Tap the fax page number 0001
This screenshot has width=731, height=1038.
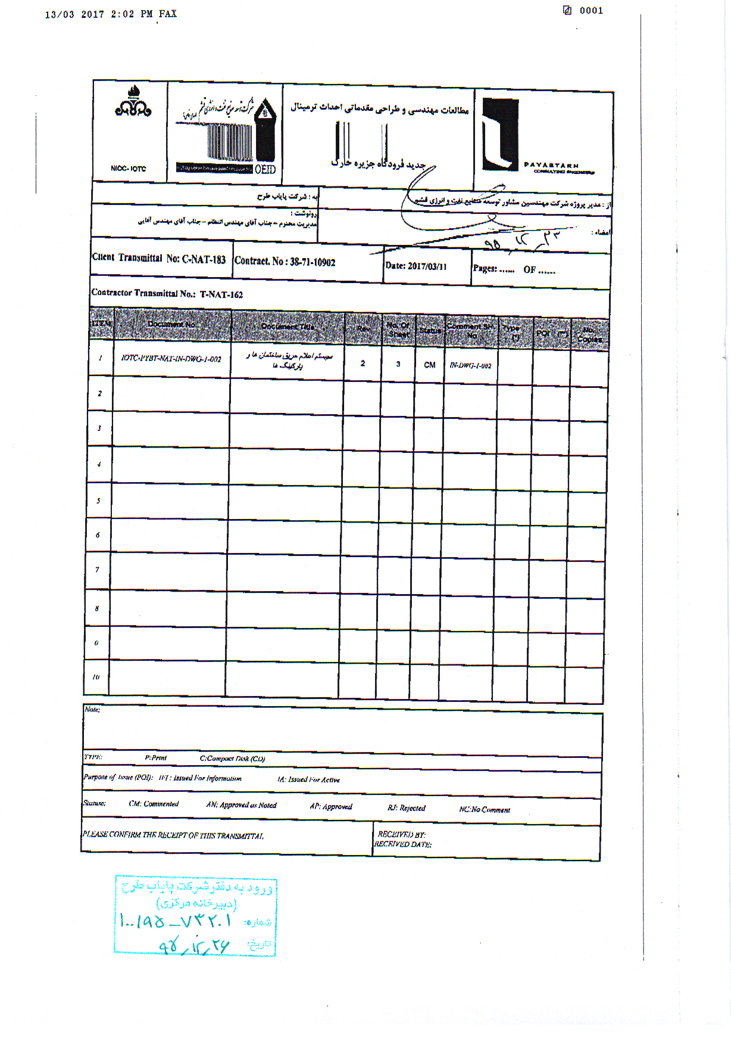[x=591, y=11]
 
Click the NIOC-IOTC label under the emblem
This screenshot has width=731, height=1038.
[x=128, y=169]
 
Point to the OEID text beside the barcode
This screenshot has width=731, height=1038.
[x=265, y=169]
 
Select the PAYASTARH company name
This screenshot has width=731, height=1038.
[x=551, y=165]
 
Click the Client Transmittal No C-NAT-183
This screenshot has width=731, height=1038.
[x=159, y=259]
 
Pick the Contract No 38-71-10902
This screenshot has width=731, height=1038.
[x=285, y=262]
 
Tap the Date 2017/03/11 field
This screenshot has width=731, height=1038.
[x=416, y=266]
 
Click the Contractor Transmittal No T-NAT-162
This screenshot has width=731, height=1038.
[x=167, y=294]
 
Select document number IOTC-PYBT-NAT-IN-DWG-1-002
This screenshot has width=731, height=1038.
[x=171, y=359]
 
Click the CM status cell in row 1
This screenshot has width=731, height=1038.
[x=429, y=365]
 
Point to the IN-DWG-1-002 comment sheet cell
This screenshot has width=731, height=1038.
[x=470, y=365]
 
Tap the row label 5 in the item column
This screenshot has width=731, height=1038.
[x=98, y=501]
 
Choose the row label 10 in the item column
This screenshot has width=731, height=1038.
[x=96, y=678]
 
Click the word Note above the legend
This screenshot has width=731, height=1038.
[x=92, y=710]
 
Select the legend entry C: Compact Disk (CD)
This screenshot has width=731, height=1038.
[x=232, y=759]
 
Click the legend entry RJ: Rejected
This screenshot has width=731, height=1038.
[x=407, y=808]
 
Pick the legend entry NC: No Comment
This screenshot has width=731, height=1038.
[x=485, y=810]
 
